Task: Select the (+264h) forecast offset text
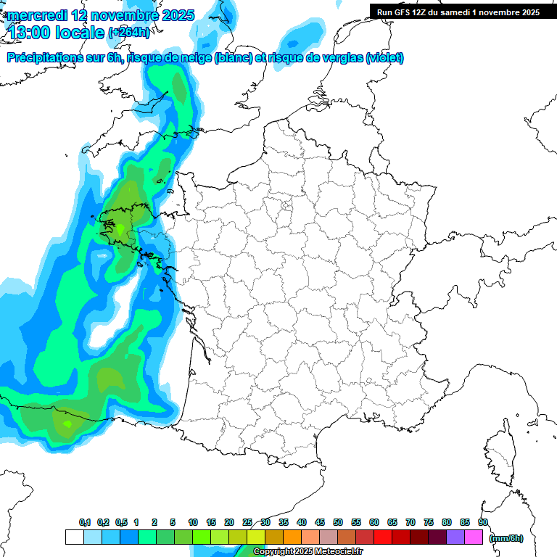point(130,33)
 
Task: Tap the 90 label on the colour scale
point(482,522)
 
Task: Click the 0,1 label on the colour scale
point(84,522)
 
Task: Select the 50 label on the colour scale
point(337,522)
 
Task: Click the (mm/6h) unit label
point(506,538)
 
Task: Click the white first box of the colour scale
point(74,537)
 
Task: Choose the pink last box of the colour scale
point(474,537)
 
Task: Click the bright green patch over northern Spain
point(67,423)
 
